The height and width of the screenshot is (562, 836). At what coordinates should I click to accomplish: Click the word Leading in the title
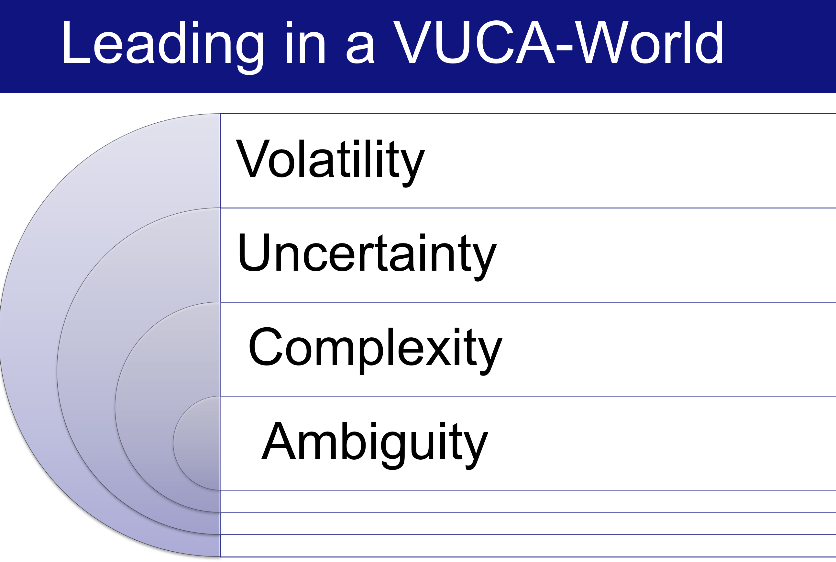click(x=163, y=47)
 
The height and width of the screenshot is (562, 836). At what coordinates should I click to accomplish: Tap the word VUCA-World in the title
click(x=558, y=42)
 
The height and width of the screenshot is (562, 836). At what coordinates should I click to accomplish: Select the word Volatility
click(x=330, y=163)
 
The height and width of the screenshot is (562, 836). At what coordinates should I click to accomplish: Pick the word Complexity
click(x=375, y=351)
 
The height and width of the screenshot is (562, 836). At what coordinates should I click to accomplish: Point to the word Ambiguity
click(x=375, y=445)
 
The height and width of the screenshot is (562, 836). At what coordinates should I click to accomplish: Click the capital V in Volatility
click(x=253, y=158)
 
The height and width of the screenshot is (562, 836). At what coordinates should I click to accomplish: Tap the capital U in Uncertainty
click(x=254, y=252)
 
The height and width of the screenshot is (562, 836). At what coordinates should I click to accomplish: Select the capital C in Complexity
click(x=265, y=346)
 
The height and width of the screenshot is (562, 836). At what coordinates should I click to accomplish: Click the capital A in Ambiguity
click(x=279, y=441)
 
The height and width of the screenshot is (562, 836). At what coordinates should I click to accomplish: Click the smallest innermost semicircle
click(x=196, y=443)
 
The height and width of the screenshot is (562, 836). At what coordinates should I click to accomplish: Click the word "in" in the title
click(x=305, y=42)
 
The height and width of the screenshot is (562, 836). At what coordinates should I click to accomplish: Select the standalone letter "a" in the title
click(x=360, y=48)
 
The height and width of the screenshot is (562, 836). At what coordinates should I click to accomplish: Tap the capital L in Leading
click(x=77, y=42)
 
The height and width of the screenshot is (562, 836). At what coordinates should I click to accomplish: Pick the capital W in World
click(x=602, y=42)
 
